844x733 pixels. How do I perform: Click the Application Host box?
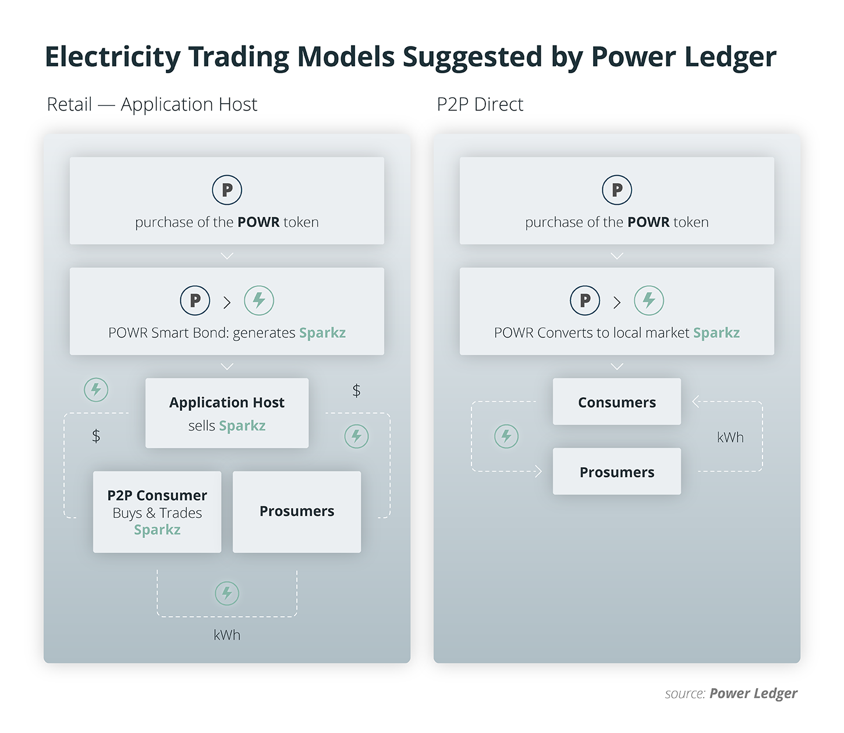[x=227, y=413]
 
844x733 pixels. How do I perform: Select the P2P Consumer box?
[x=157, y=512]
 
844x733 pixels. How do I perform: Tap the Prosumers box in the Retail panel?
[x=297, y=512]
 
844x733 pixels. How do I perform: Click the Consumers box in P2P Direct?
[x=616, y=402]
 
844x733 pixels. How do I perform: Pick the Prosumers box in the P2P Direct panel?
[x=616, y=472]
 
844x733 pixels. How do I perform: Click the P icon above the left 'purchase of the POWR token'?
[x=227, y=190]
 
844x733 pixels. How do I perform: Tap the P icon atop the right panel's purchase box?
[x=617, y=190]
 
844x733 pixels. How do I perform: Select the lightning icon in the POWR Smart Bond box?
[x=259, y=301]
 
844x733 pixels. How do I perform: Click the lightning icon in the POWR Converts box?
[x=649, y=301]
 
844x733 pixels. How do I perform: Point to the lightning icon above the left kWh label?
[x=227, y=593]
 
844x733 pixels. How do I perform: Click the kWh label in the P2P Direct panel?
[x=730, y=437]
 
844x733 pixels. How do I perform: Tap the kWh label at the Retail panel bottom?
[x=227, y=635]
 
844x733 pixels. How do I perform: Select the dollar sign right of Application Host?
[x=356, y=390]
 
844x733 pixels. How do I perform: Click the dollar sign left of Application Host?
[x=96, y=436]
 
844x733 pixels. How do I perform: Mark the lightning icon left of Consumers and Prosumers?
[x=506, y=436]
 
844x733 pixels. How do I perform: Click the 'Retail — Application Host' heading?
[x=152, y=105]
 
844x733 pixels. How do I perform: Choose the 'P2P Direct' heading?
[x=480, y=105]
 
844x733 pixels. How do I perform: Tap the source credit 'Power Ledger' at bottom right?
[x=753, y=693]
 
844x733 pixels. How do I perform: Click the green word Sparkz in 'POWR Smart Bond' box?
[x=322, y=333]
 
